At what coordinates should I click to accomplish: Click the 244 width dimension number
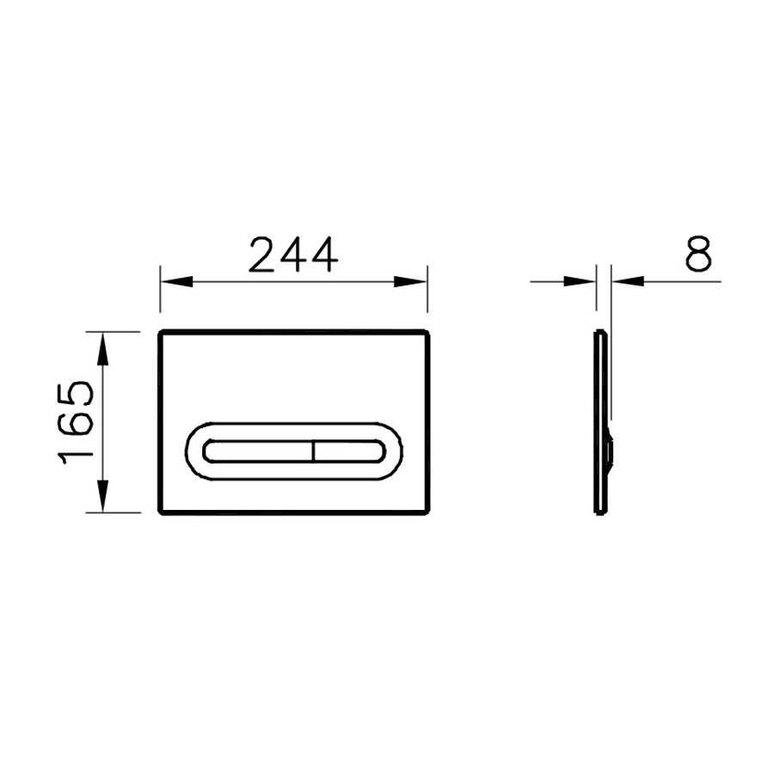(293, 255)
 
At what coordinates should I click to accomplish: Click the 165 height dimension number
(76, 422)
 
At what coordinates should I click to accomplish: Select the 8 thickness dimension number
(698, 254)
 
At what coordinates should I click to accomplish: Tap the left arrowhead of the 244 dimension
(176, 282)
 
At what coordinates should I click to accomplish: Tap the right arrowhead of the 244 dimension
(411, 282)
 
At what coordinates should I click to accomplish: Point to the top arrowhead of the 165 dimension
(102, 348)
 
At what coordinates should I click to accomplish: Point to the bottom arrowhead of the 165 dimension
(102, 496)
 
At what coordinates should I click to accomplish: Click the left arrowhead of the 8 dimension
(580, 281)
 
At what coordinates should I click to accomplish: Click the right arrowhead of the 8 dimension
(628, 281)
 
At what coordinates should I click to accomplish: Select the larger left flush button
(258, 451)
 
